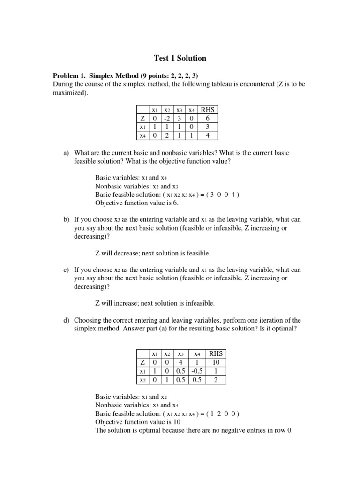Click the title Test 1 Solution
180,59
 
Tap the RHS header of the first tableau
207,110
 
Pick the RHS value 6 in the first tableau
207,119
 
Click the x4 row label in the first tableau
142,136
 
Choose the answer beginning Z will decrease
153,254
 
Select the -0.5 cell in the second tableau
197,371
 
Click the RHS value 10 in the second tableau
216,362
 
